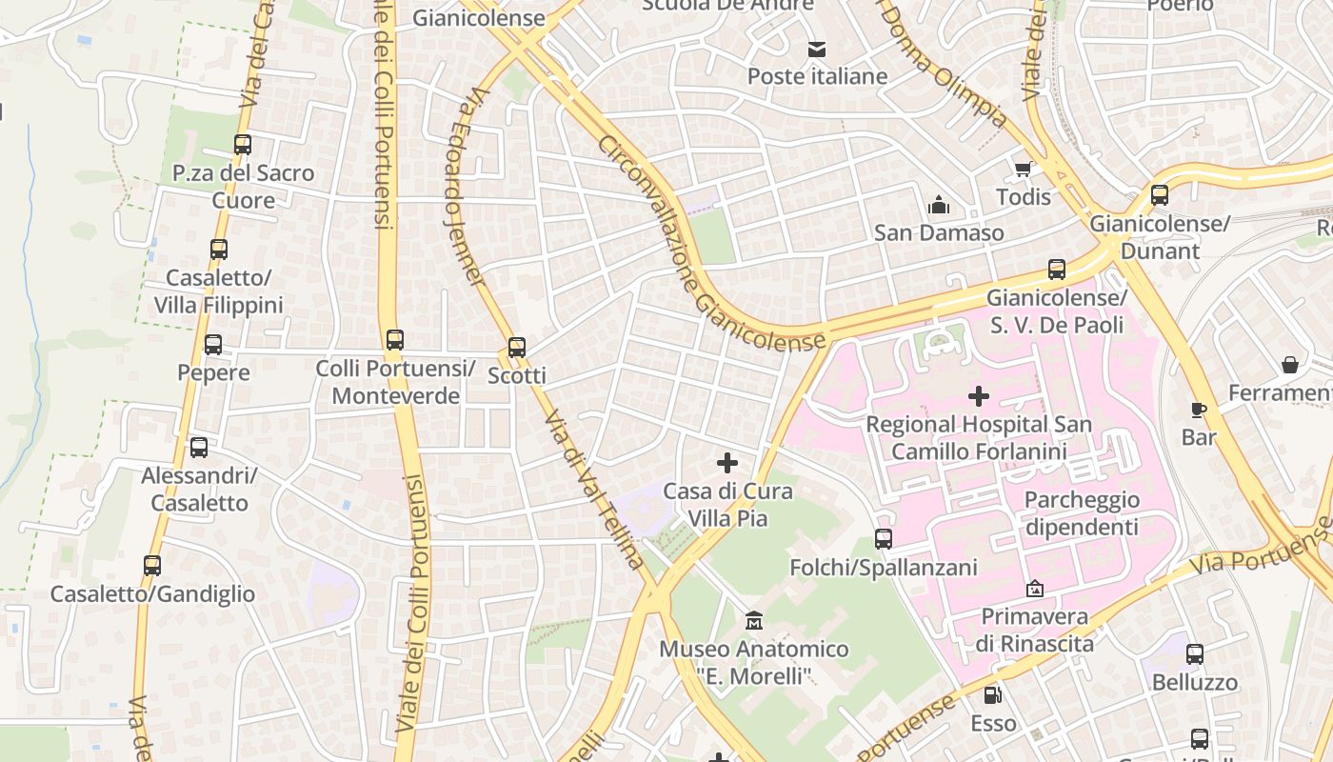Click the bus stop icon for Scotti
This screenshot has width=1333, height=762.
click(x=517, y=348)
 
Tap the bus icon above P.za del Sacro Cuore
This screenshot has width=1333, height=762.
click(x=243, y=145)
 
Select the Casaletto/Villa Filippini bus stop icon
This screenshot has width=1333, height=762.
click(x=219, y=250)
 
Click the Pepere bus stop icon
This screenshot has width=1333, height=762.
click(x=213, y=345)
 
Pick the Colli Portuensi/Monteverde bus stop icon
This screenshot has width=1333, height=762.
click(x=395, y=340)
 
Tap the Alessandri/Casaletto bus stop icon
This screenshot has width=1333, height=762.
click(x=199, y=448)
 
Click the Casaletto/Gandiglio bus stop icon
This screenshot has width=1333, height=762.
click(x=152, y=566)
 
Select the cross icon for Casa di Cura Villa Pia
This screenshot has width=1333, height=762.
click(x=727, y=464)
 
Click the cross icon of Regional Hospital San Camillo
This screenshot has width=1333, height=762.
click(x=979, y=396)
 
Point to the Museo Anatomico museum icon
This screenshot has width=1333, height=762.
click(x=754, y=621)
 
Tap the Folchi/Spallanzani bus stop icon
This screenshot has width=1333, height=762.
click(x=884, y=539)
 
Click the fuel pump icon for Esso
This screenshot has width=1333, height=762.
click(x=993, y=695)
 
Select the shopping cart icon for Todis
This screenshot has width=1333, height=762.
click(x=1024, y=170)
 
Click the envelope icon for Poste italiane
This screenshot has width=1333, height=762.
click(x=817, y=50)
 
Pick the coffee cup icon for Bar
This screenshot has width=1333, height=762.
click(x=1199, y=410)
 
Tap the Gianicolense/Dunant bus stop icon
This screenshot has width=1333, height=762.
click(x=1160, y=195)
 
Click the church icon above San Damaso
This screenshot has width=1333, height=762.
click(x=939, y=205)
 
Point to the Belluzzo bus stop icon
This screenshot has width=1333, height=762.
click(x=1195, y=654)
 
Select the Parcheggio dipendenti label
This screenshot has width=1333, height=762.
click(x=1082, y=513)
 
